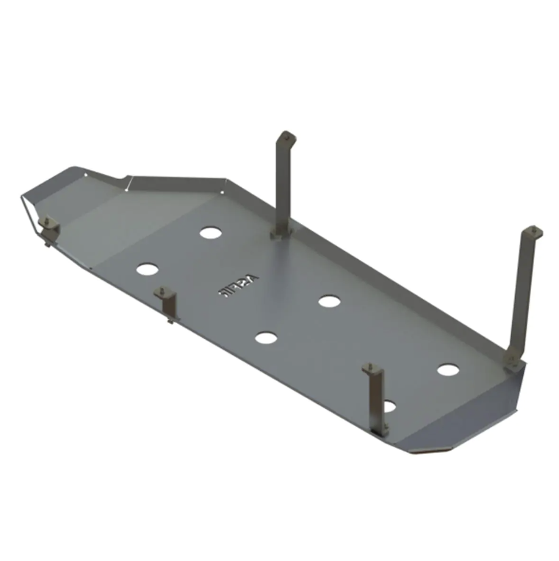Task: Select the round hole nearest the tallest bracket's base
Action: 447,369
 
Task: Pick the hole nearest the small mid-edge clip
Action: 146,269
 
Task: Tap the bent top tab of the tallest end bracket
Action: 534,233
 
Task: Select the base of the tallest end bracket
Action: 513,360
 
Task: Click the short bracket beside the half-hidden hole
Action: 376,397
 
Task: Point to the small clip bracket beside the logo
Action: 167,302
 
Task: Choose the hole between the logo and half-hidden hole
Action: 266,338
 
